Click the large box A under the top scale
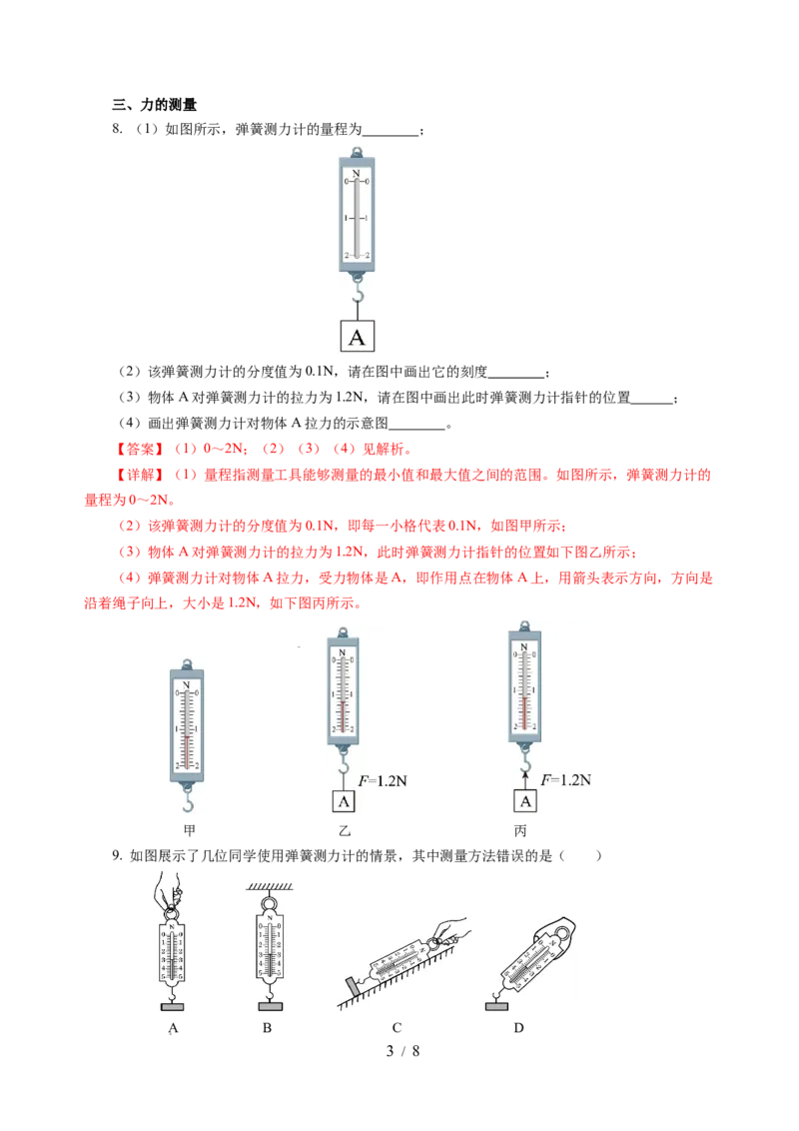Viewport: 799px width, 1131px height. tap(359, 337)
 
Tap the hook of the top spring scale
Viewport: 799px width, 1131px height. tap(359, 293)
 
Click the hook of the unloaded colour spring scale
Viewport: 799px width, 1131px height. tap(188, 798)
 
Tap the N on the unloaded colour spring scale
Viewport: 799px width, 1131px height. tap(188, 683)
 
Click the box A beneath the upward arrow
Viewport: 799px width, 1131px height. tap(526, 801)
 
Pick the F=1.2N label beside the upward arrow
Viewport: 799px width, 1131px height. tap(565, 779)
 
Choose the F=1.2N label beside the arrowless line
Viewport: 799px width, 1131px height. tap(381, 775)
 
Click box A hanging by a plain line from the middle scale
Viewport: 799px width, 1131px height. tap(343, 801)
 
